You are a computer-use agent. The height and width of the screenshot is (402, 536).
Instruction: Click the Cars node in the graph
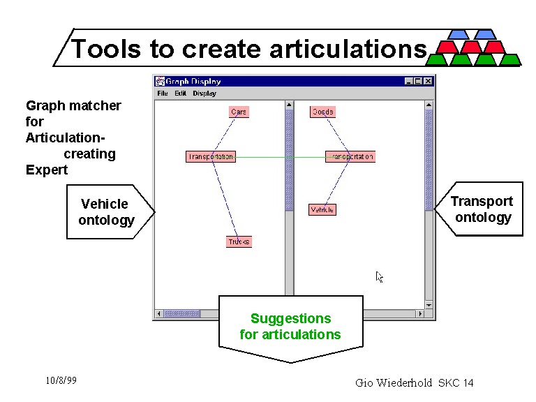239,112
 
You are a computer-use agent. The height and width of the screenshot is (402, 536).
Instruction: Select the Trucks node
239,242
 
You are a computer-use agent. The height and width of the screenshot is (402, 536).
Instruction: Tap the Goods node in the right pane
322,112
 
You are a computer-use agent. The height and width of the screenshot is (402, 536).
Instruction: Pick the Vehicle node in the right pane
322,209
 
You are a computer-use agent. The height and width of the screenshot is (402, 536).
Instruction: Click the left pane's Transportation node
210,157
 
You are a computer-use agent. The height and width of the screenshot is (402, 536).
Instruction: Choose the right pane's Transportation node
350,157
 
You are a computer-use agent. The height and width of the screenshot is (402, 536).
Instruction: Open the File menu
163,93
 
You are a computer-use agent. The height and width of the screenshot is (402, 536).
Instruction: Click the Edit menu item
181,93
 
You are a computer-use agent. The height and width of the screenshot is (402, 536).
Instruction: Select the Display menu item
204,93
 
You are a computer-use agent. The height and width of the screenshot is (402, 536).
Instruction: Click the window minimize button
409,81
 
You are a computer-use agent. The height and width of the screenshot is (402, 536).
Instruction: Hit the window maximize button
418,81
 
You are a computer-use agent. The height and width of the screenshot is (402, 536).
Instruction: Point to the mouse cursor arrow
379,276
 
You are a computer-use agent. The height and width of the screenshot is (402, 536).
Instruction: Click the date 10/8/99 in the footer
61,380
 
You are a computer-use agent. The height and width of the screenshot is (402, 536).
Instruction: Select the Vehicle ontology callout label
105,212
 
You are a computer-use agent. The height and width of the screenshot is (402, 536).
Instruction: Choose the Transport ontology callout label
482,209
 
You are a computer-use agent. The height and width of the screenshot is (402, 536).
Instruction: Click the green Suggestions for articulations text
290,327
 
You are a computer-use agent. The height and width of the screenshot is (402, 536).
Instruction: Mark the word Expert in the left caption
47,170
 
